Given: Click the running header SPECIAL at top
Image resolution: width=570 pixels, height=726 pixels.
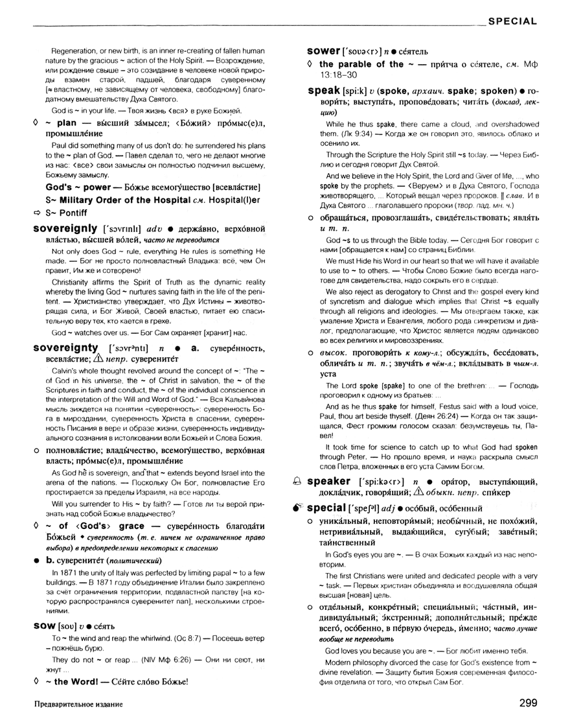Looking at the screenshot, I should click(x=512, y=21).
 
